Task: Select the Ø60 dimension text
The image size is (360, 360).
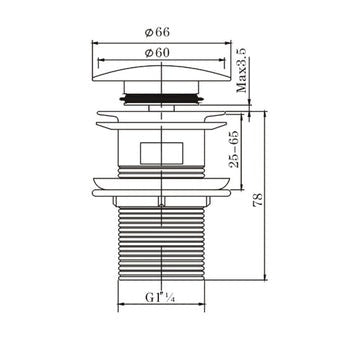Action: click(x=162, y=52)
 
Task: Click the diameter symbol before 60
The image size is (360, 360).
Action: click(x=152, y=52)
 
